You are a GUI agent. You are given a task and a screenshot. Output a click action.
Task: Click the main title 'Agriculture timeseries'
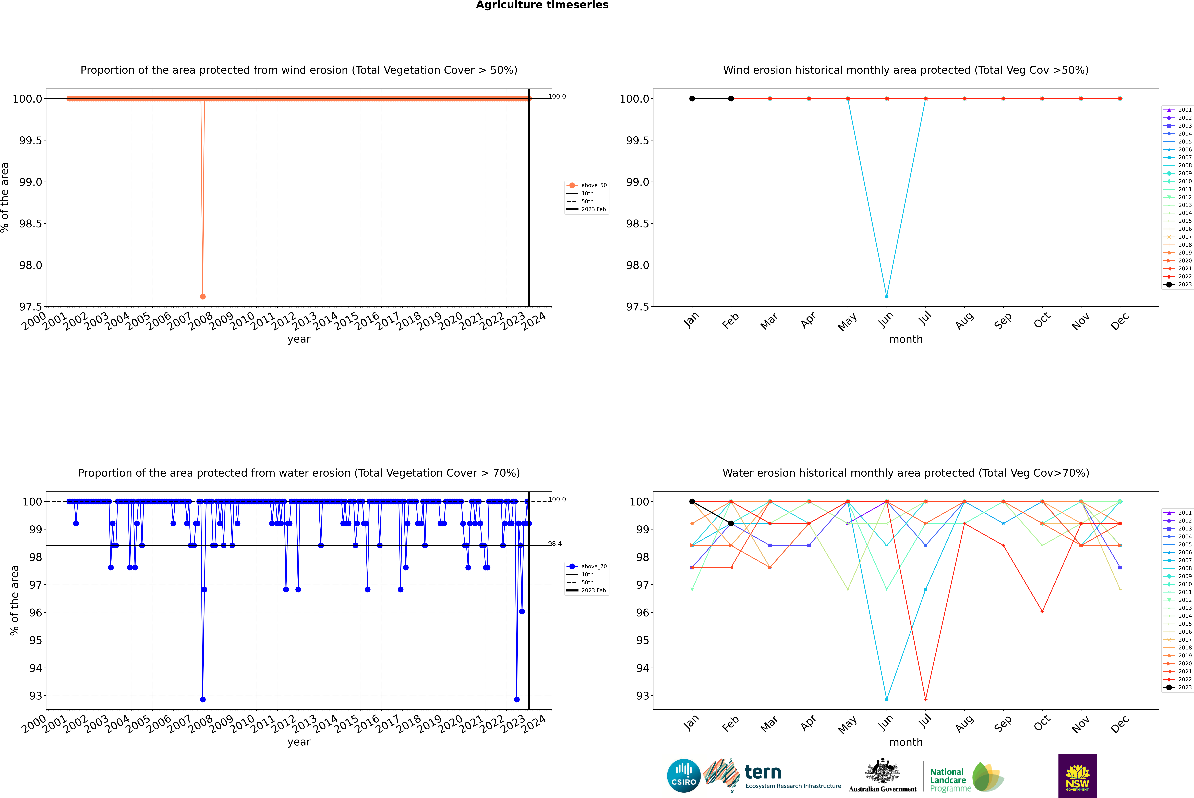542,5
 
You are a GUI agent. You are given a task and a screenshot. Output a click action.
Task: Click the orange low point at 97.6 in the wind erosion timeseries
203,296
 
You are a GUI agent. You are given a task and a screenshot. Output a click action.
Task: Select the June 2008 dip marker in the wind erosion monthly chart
887,296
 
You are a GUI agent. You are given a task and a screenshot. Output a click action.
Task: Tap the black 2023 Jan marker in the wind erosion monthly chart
692,99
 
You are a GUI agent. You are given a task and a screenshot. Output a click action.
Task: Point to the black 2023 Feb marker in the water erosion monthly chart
731,523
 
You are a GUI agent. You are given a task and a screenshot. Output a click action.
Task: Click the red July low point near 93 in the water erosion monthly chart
925,699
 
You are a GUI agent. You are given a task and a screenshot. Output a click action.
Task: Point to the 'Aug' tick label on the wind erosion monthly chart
964,321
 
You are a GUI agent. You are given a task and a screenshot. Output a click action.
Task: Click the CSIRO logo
684,776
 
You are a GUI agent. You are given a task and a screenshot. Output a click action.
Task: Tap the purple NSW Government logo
1077,776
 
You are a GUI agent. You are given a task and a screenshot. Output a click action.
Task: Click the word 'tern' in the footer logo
762,773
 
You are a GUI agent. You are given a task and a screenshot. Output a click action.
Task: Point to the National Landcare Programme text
948,780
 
